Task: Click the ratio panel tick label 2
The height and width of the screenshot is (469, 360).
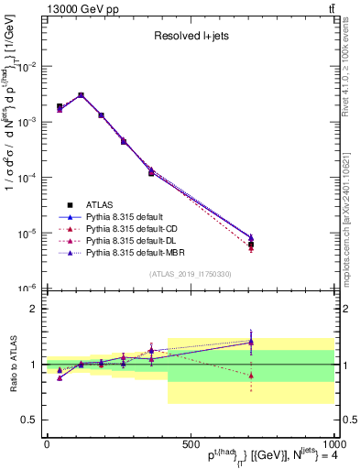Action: (35, 309)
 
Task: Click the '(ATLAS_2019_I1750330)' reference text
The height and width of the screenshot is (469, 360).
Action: (190, 274)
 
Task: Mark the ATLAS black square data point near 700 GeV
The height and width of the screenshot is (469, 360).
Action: (251, 245)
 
